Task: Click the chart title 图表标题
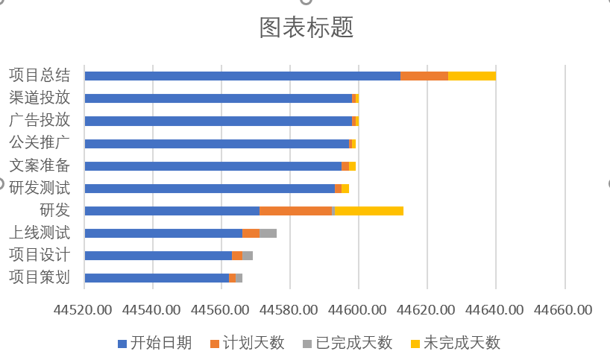coord(306,28)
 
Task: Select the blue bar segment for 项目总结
coord(242,75)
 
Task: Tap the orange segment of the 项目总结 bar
coord(424,75)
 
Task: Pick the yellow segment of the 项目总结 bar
coord(472,75)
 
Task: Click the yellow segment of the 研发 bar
coord(369,211)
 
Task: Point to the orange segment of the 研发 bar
coord(295,211)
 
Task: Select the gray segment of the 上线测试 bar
coord(268,233)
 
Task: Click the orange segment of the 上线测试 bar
coord(251,233)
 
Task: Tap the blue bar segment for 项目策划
coord(157,278)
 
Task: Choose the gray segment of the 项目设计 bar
coord(248,256)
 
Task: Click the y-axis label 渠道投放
coord(40,98)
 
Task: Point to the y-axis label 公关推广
coord(40,143)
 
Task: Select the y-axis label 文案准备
coord(40,165)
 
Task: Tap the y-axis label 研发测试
coord(40,188)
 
